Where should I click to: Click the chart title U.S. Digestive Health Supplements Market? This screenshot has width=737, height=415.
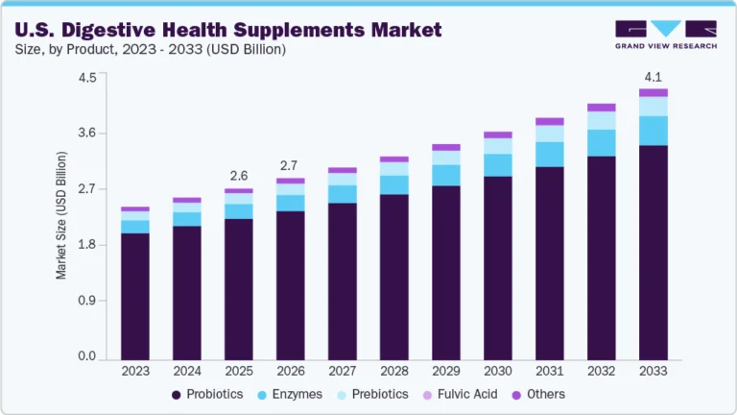pos(228,31)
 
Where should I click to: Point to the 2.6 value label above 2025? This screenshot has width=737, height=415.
pos(239,176)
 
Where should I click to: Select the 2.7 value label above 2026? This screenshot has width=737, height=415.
pos(291,165)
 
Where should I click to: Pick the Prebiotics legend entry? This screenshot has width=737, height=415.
pos(374,394)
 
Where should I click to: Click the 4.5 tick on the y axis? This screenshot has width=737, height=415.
pos(87,78)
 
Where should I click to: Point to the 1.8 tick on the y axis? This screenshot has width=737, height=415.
pos(87,245)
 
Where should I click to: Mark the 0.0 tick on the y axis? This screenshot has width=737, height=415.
pos(87,356)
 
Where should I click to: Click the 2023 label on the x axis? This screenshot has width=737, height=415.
pos(135,371)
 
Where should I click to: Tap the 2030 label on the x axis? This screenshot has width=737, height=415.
pos(498,371)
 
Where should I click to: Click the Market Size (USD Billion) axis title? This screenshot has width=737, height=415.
pos(61,215)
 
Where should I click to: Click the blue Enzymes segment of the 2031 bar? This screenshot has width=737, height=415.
pos(550,154)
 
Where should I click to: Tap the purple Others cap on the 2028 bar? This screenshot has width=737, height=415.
pos(394,159)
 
